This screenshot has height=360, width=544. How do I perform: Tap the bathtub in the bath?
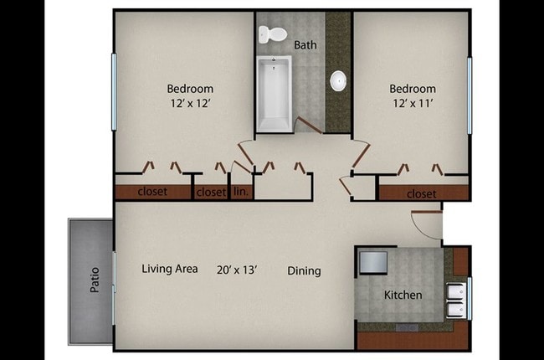(274, 94)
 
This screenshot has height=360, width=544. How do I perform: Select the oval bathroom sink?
(338, 80)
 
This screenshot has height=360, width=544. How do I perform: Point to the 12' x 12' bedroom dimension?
(190, 104)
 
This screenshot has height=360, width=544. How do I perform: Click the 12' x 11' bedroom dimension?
(413, 104)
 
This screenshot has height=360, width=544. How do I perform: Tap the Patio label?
(94, 280)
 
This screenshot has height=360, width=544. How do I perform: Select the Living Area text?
(170, 269)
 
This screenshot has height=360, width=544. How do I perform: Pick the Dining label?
(304, 270)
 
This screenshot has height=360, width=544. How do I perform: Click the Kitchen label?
(403, 295)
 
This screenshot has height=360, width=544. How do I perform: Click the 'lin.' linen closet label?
(240, 192)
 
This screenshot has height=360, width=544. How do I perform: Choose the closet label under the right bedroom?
(421, 193)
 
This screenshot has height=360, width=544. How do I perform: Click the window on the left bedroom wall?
(114, 80)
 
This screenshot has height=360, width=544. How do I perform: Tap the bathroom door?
(306, 126)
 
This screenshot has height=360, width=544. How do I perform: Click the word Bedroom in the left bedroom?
(190, 89)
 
